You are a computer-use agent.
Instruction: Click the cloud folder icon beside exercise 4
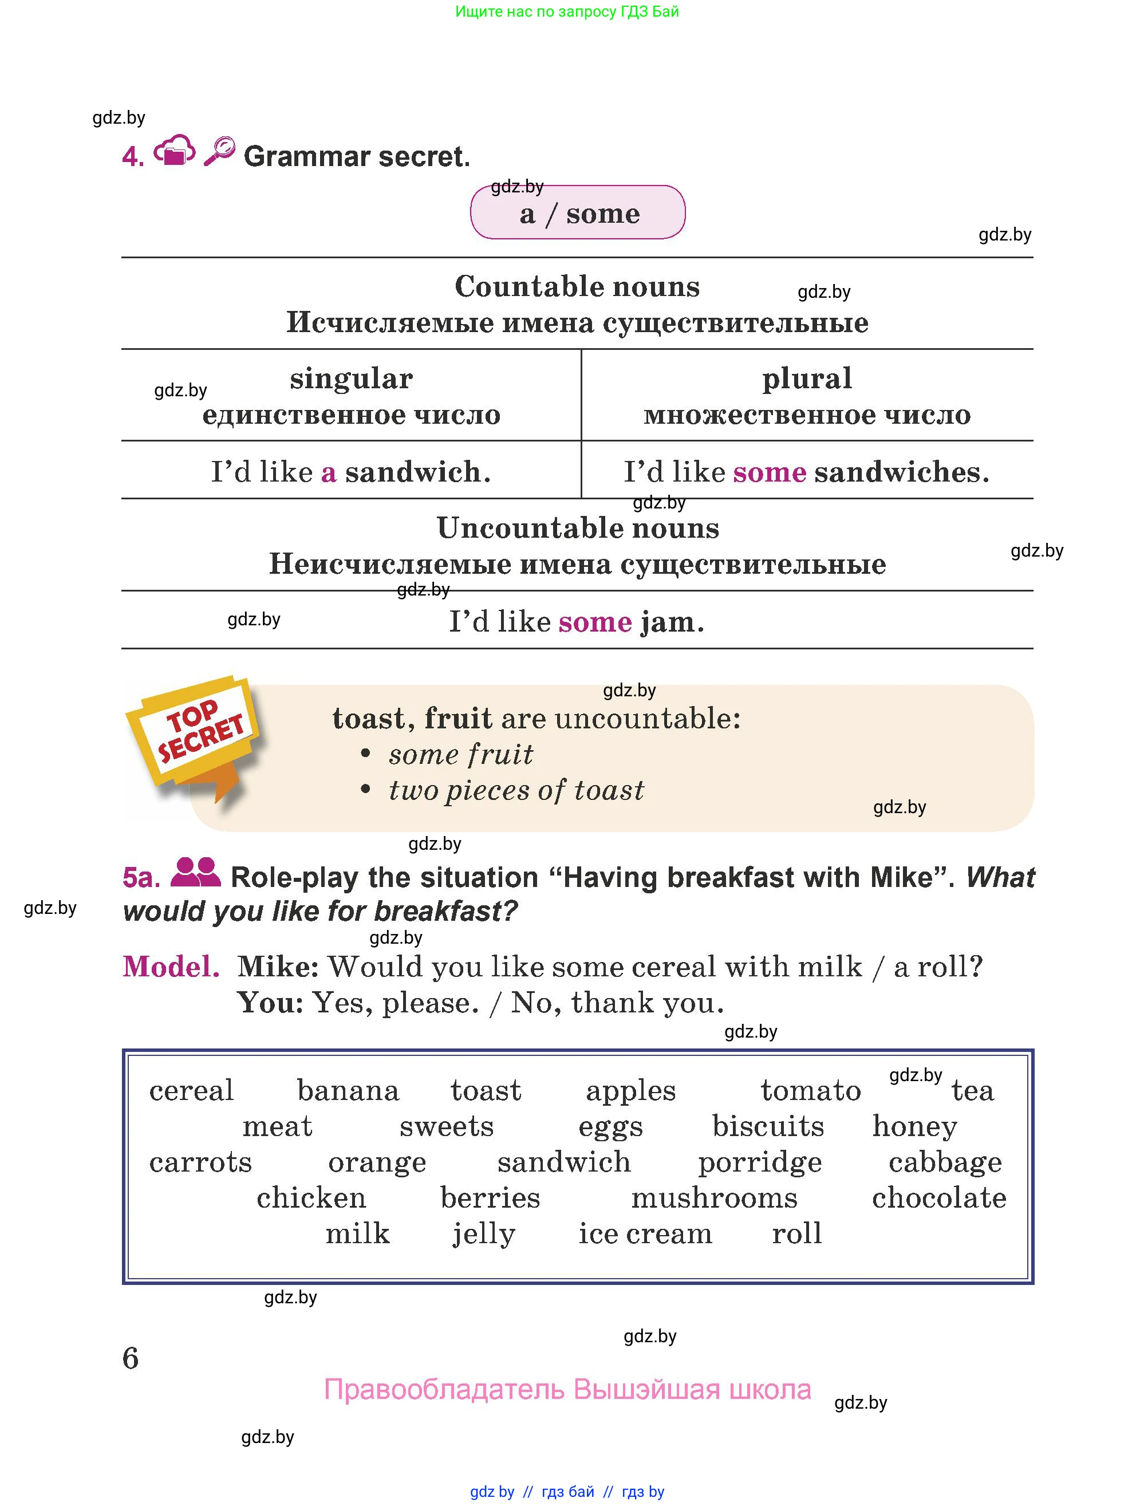tap(174, 151)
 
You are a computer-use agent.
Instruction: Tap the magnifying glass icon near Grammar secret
tap(219, 151)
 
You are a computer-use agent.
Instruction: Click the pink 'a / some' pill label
tap(578, 213)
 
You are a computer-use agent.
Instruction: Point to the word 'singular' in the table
tap(351, 379)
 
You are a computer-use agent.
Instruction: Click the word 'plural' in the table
tap(807, 379)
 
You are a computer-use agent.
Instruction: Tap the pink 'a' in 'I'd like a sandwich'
tap(329, 472)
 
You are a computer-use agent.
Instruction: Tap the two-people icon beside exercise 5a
tap(195, 873)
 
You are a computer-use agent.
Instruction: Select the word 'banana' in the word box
tap(348, 1091)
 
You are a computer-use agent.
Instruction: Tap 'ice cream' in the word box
tap(645, 1233)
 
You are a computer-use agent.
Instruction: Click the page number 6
tap(131, 1358)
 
